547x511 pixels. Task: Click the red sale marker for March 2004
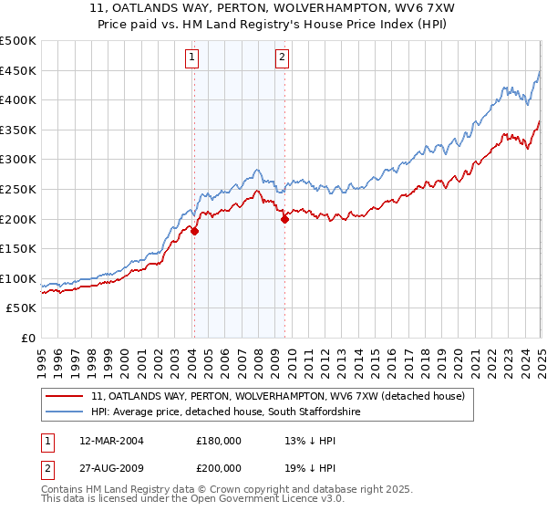[194, 231]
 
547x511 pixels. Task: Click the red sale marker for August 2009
[284, 219]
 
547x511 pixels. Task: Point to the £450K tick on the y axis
[19, 71]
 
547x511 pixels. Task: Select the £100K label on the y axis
[19, 278]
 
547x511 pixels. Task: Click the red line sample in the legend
[65, 396]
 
